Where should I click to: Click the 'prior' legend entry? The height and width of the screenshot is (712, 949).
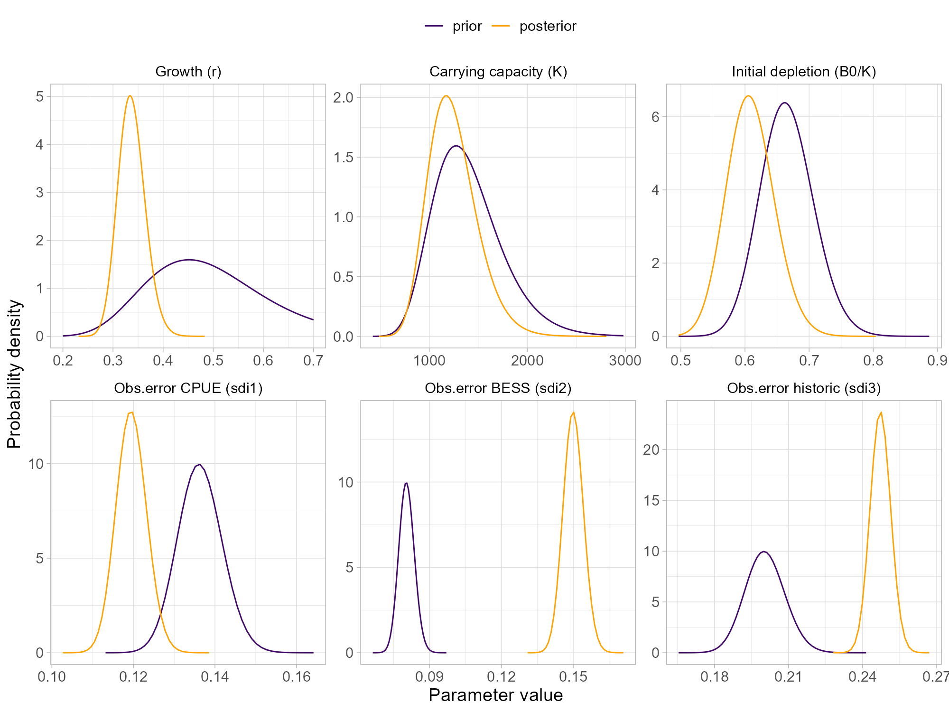(467, 26)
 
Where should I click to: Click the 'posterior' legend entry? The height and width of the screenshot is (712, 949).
(548, 26)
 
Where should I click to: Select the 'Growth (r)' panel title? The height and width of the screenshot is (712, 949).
(188, 72)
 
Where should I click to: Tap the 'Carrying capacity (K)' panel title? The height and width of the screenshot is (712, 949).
(498, 72)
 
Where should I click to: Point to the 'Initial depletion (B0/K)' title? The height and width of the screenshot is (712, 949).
(804, 72)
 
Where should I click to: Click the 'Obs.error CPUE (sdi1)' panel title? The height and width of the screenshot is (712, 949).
(188, 388)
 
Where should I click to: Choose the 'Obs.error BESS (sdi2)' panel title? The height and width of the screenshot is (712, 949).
(498, 388)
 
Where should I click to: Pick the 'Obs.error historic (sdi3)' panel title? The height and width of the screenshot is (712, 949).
(804, 388)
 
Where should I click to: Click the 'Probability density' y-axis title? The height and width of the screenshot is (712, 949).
(14, 374)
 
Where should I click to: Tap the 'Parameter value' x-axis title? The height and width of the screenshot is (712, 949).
(495, 695)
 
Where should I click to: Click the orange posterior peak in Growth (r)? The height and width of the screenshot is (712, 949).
(130, 96)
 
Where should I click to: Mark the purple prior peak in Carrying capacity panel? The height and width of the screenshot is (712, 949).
(456, 146)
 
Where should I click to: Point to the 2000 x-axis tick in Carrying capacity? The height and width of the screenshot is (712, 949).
(527, 361)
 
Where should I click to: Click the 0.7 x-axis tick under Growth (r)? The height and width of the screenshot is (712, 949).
(313, 361)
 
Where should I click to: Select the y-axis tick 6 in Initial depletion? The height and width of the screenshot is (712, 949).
(655, 117)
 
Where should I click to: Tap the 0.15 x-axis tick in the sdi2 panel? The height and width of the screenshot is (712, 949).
(573, 677)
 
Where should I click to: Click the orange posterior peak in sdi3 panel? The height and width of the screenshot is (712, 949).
(881, 412)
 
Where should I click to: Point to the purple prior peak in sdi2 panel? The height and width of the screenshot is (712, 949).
(407, 483)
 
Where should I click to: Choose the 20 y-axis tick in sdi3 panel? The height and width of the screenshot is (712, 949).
(651, 450)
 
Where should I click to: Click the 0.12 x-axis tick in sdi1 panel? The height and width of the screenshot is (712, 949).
(133, 677)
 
